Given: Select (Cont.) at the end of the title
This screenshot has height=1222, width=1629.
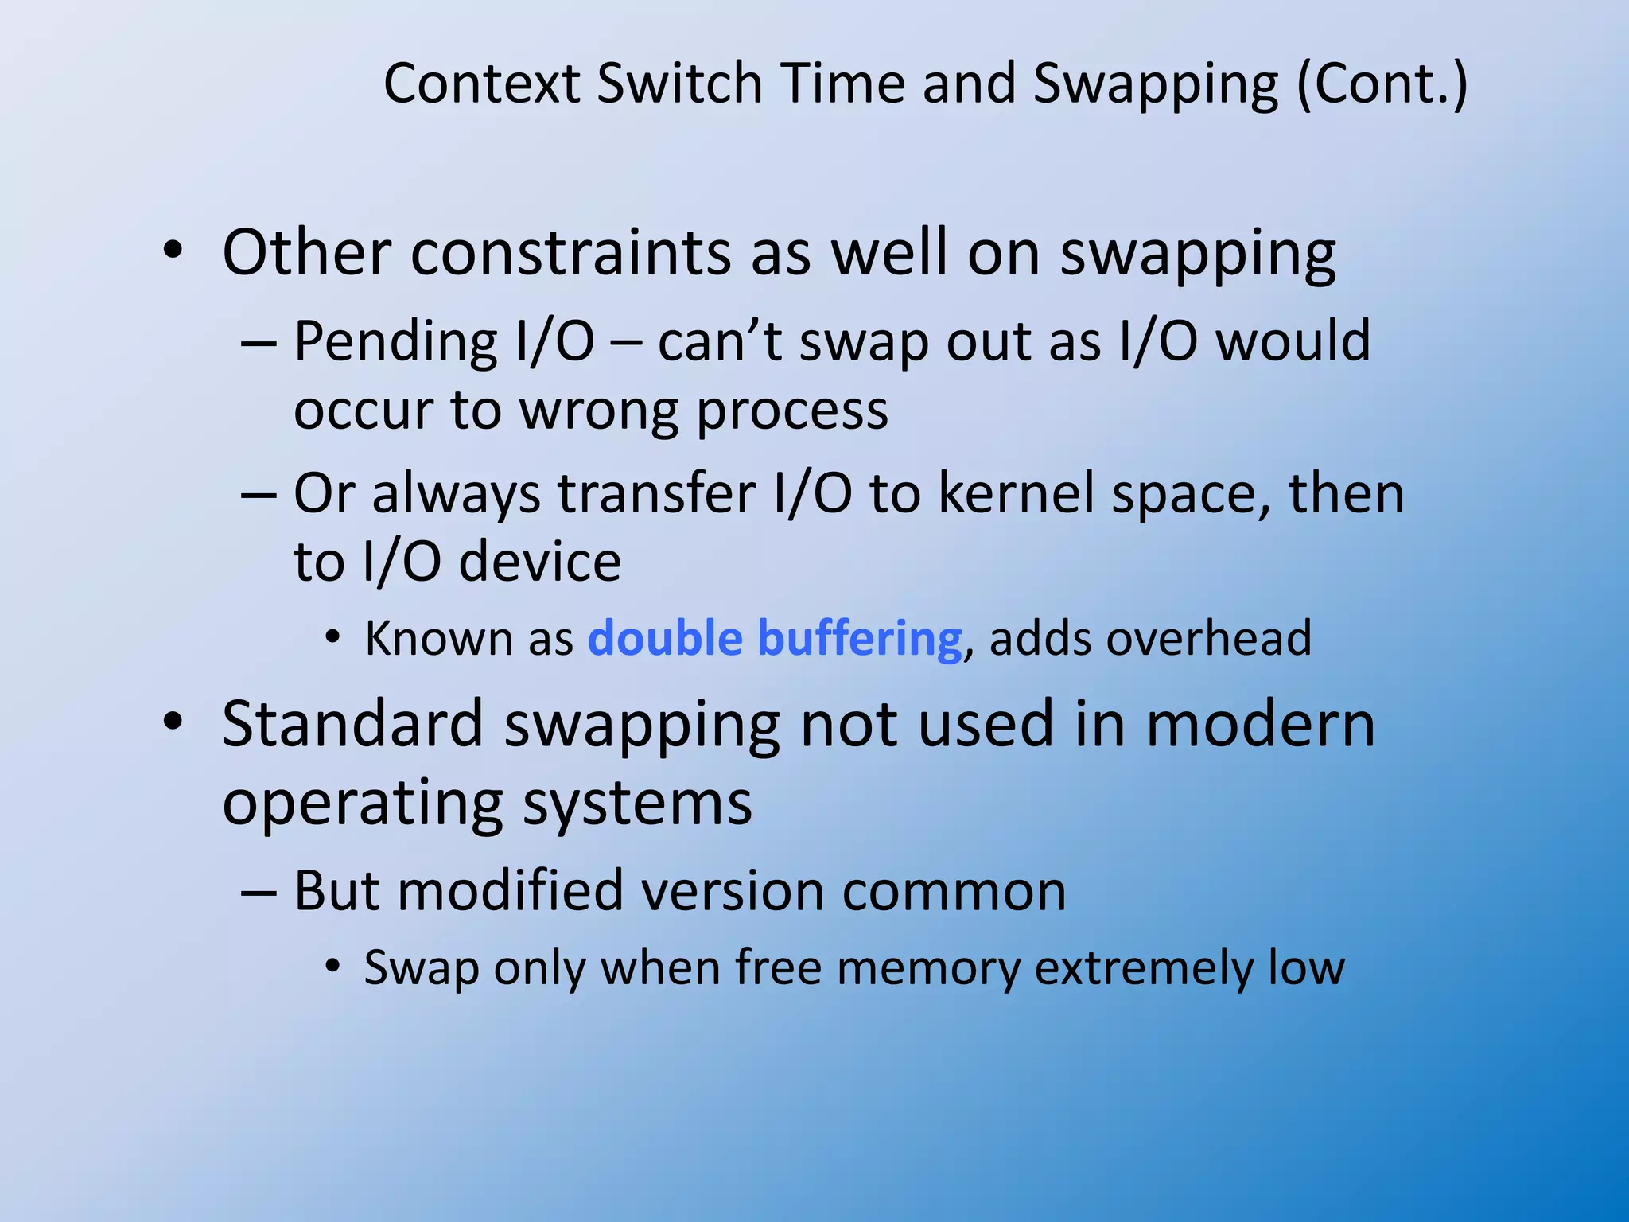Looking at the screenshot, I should point(1382,85).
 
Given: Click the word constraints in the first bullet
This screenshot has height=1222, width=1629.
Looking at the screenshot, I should point(570,253).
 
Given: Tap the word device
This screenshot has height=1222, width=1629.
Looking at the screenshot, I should point(540,562).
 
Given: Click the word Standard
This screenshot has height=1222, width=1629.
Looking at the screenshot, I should point(352,724).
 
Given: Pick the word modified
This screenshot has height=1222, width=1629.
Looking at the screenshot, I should point(510,890).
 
